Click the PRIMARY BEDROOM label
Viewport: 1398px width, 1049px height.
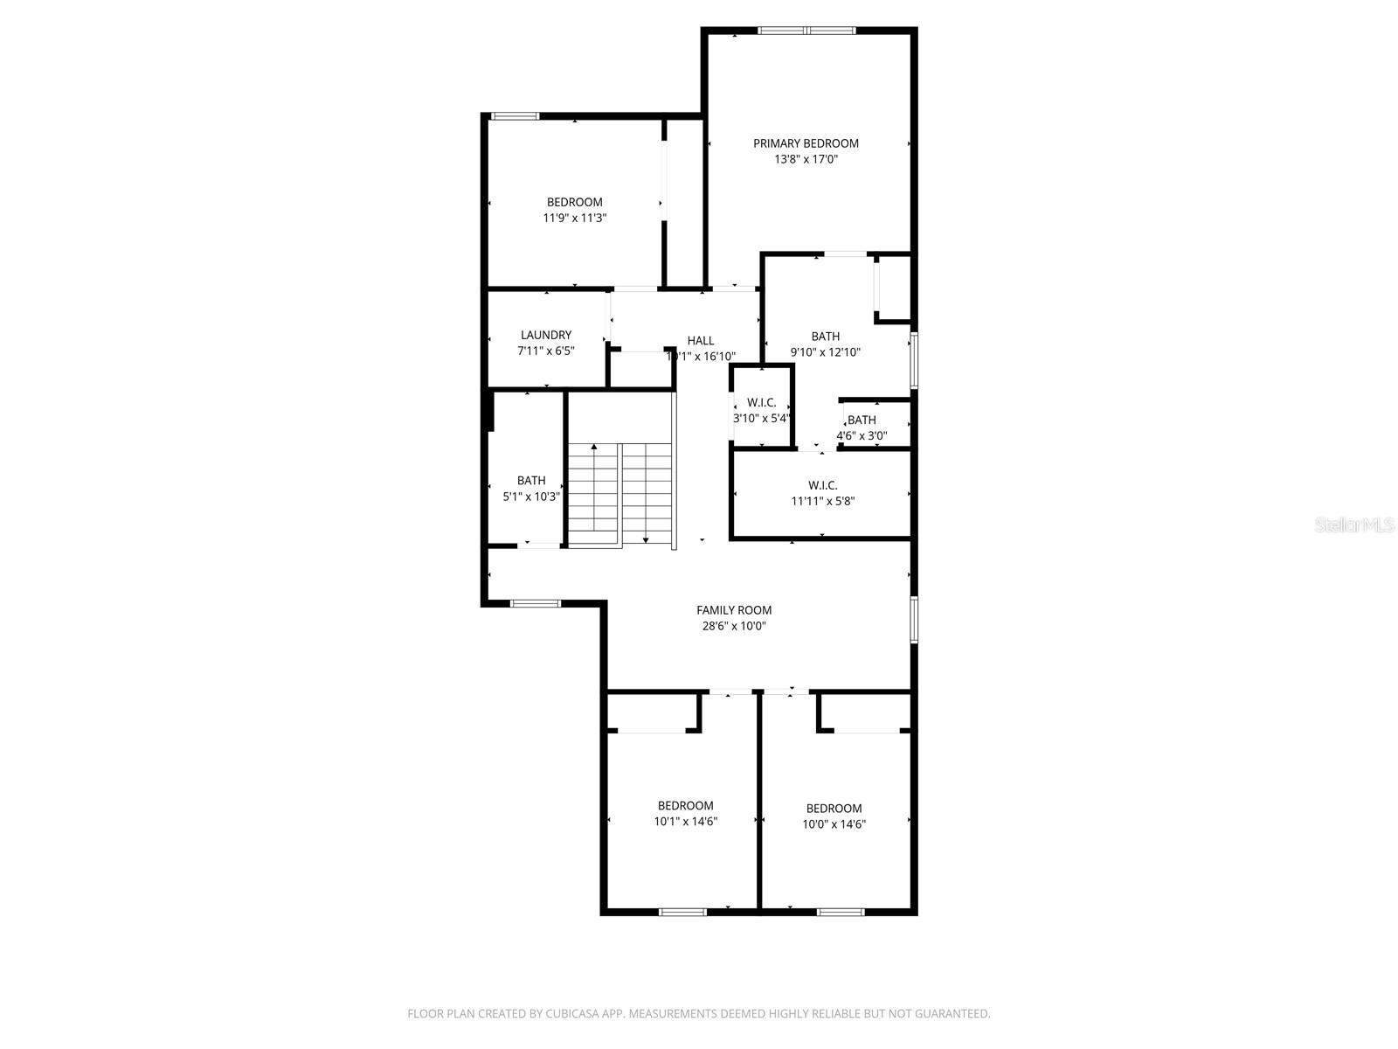(806, 143)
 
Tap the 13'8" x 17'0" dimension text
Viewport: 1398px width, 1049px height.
(806, 159)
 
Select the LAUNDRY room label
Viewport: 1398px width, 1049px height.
(546, 335)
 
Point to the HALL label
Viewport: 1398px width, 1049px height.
(700, 341)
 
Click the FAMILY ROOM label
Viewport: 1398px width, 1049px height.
(734, 610)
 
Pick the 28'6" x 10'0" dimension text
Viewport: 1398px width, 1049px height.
(734, 626)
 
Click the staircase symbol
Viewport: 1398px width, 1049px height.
(619, 495)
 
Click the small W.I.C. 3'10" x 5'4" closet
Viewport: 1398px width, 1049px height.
(762, 410)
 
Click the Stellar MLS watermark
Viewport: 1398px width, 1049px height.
(1354, 524)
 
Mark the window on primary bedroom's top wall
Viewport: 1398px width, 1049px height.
(806, 31)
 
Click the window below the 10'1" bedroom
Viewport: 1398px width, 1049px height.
(682, 912)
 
